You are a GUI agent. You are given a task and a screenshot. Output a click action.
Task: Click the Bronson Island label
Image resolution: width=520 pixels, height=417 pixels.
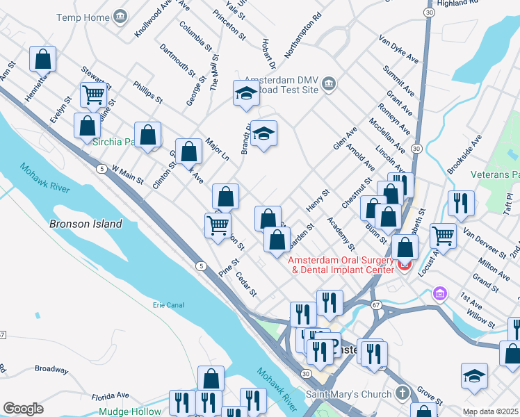point(86,224)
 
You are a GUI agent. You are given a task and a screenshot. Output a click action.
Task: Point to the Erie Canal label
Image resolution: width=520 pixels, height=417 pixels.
point(169,304)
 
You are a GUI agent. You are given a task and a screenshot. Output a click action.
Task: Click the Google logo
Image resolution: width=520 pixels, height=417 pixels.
point(23,409)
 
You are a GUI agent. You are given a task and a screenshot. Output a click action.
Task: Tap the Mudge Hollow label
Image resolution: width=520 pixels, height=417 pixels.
point(129,411)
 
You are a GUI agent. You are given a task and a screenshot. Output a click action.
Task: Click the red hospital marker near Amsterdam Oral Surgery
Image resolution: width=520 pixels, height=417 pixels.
point(404,265)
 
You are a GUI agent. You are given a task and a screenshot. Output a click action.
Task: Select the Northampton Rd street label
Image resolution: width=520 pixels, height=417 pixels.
point(303,35)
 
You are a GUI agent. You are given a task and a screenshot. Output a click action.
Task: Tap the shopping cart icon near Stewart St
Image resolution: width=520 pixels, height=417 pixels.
point(93,95)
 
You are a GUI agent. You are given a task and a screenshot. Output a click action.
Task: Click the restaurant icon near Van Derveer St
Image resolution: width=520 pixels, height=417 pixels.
point(461,203)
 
